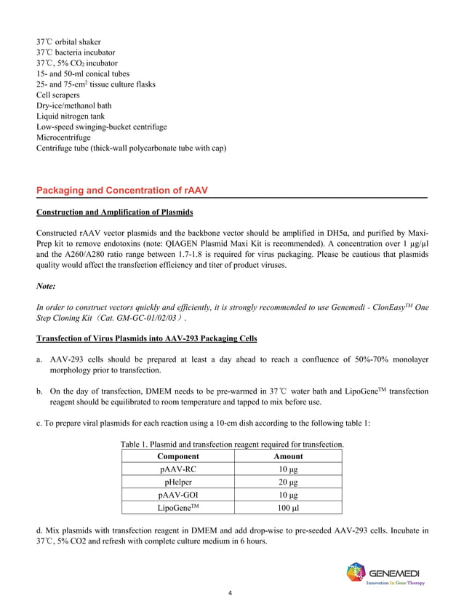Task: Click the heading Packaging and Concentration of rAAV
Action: [x=122, y=191]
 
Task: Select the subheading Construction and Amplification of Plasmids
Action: [x=115, y=212]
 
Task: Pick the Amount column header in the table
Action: [x=288, y=456]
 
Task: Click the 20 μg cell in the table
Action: [x=288, y=482]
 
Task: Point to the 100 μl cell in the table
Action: [x=288, y=507]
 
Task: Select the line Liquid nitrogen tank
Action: [x=71, y=116]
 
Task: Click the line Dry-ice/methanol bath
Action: [x=74, y=106]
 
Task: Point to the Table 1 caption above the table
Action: [x=232, y=444]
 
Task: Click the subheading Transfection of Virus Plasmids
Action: [x=146, y=341]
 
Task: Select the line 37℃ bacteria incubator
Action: [x=76, y=52]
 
